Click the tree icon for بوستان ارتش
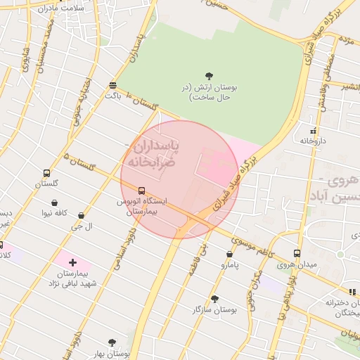209,75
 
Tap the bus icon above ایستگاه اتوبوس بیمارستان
142,191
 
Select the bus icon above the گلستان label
46,173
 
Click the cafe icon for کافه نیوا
54,202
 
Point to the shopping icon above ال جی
82,216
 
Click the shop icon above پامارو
230,254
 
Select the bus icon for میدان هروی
297,253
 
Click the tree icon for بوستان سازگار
214,299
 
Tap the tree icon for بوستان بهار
111,342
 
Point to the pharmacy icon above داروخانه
312,131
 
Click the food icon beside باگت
112,85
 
